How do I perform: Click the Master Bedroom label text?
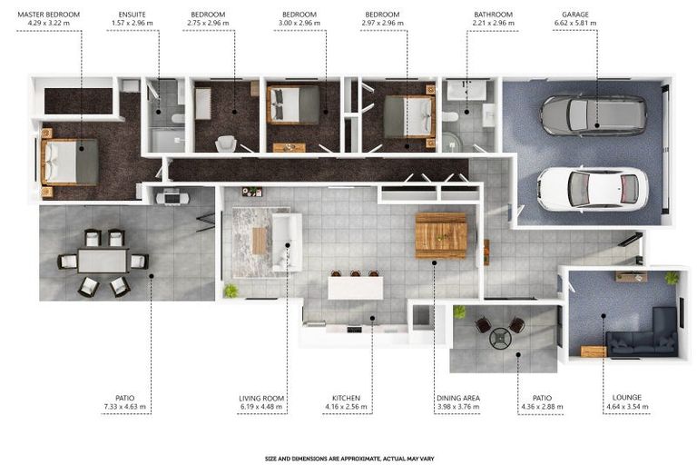point(48,15)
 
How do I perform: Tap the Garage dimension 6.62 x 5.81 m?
point(575,23)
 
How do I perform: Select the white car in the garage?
point(593,189)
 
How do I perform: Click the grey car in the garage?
point(594,114)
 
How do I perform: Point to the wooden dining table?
point(441,235)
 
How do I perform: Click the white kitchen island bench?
point(355,288)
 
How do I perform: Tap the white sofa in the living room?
point(287,242)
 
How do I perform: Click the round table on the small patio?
point(501,339)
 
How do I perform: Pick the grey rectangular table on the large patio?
point(103,261)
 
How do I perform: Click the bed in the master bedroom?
point(69,162)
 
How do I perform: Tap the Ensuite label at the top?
point(132,15)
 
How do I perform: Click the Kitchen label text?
point(346,398)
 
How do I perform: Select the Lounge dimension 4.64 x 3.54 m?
point(627,406)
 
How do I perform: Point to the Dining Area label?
point(458,398)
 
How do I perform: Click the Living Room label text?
point(261,399)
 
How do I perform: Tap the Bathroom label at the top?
point(493,15)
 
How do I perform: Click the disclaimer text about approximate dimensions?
point(349,459)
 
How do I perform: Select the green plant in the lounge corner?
point(672,278)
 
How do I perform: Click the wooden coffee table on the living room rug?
point(260,241)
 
